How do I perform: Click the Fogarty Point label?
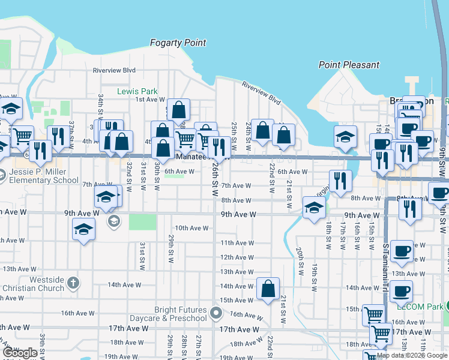[x=178, y=43]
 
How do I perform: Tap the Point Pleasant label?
[x=349, y=65]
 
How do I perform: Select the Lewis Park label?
[x=137, y=92]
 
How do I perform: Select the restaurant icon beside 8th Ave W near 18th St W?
[x=340, y=180]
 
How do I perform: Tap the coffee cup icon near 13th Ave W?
[x=402, y=251]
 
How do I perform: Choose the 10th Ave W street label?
[x=190, y=228]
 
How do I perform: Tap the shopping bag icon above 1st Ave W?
[x=178, y=109]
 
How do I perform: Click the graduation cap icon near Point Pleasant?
[x=345, y=137]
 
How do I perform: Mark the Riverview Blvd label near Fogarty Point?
[x=114, y=70]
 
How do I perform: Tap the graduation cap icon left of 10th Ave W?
[x=83, y=229]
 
